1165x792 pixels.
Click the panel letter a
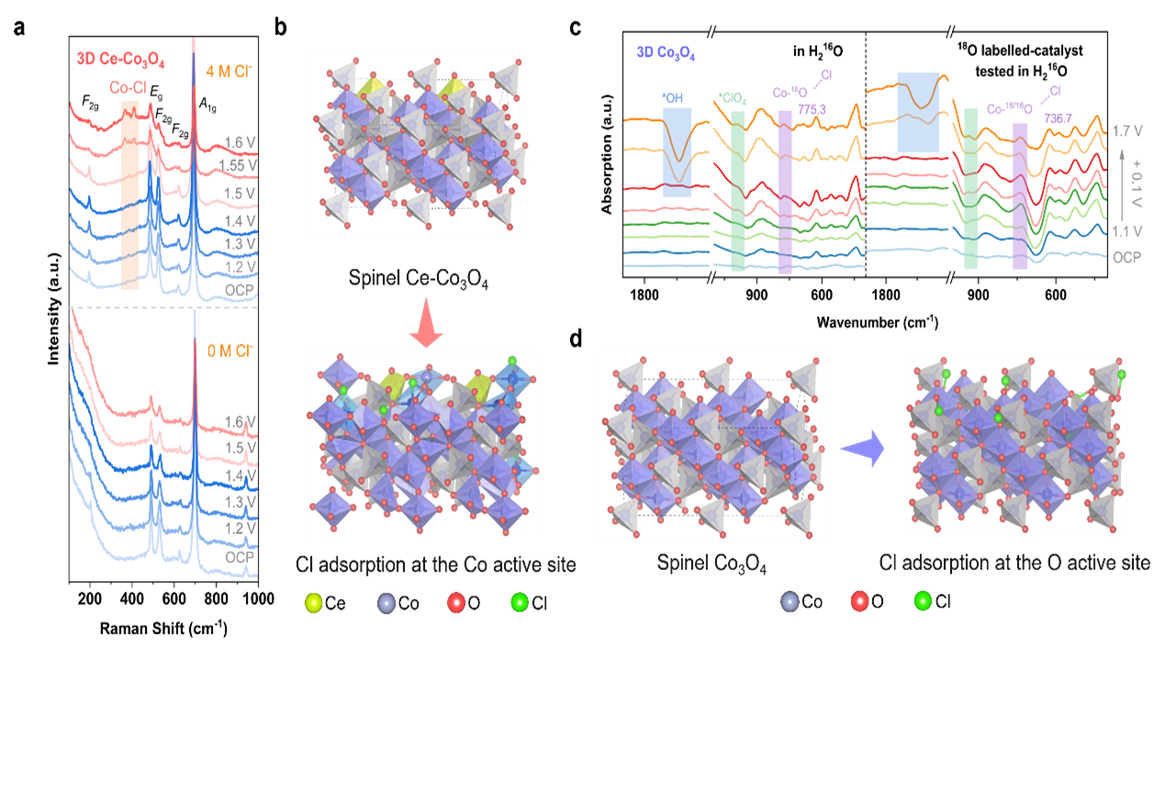point(19,28)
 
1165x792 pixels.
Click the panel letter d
point(576,339)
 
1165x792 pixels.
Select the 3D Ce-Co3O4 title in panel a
point(120,62)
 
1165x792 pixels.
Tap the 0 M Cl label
point(233,351)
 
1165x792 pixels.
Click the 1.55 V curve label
point(238,165)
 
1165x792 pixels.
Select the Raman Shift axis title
point(163,629)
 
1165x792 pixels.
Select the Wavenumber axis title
point(876,321)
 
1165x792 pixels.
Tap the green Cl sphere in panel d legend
point(923,602)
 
